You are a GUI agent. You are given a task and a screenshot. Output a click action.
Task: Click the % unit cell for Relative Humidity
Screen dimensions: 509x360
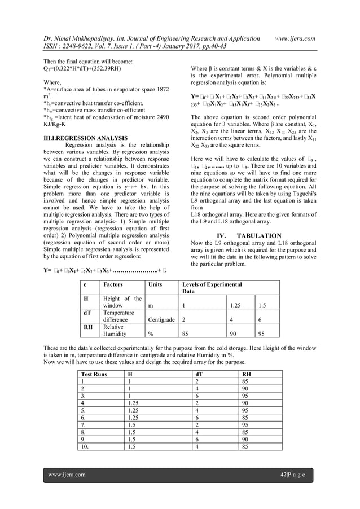[151, 333]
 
